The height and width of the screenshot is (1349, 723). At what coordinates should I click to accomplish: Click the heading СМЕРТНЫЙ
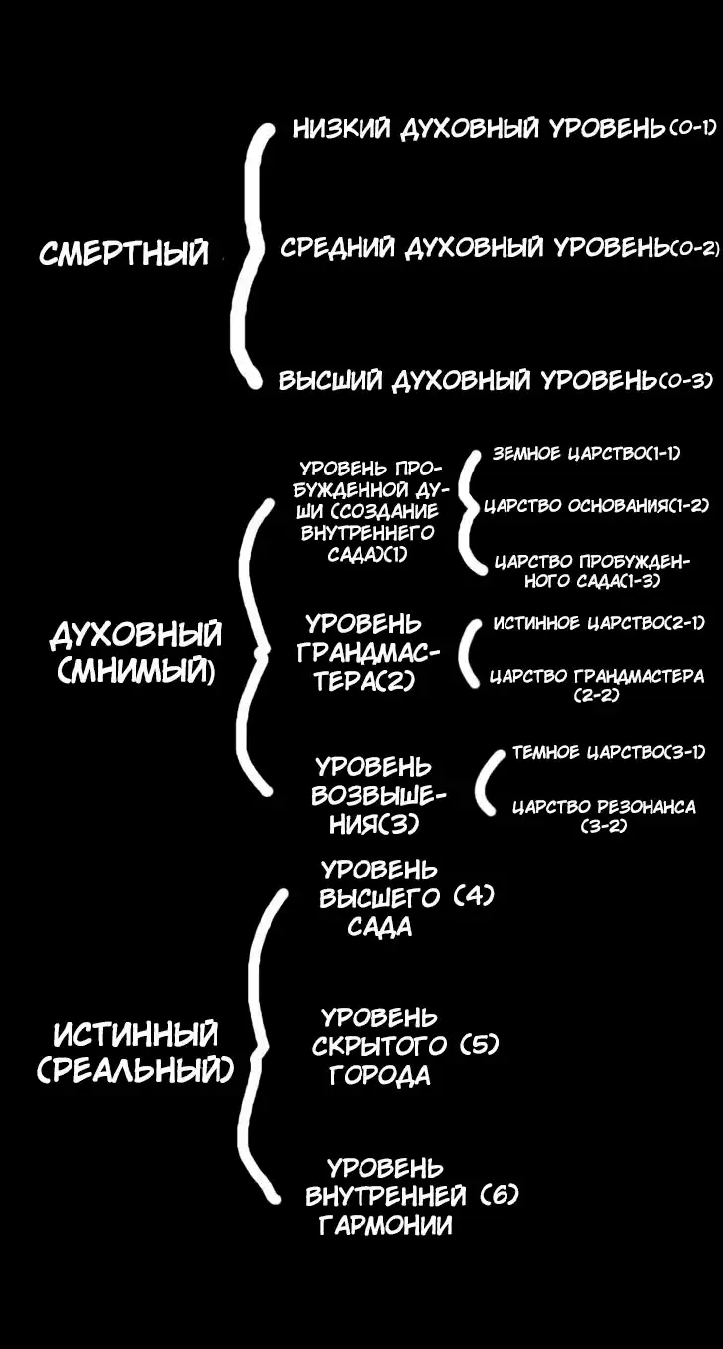tap(124, 253)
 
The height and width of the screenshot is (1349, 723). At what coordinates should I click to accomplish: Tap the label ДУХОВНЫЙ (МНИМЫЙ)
tap(136, 653)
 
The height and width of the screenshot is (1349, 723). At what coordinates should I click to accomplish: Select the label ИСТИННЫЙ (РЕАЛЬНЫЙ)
tap(136, 1053)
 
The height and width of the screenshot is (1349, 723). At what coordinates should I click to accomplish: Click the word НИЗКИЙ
tap(341, 129)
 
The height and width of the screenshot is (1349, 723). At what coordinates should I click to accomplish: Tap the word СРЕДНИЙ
tap(338, 248)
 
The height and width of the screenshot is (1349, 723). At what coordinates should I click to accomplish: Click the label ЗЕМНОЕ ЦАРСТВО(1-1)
tap(586, 454)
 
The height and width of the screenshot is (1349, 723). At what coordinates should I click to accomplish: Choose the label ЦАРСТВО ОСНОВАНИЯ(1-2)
tap(597, 506)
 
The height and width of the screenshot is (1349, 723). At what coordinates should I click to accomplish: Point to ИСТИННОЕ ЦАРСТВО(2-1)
tap(599, 623)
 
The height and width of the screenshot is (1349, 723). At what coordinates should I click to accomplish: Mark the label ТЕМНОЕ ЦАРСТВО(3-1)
tap(609, 753)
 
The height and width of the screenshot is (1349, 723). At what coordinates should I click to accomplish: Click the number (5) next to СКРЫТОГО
tap(479, 1046)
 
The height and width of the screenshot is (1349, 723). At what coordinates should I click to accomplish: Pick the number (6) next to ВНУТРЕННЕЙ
tap(499, 1196)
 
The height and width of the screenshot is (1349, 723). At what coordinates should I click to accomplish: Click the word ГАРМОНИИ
tap(385, 1226)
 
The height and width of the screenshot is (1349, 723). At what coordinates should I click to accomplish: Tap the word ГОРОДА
tap(380, 1076)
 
